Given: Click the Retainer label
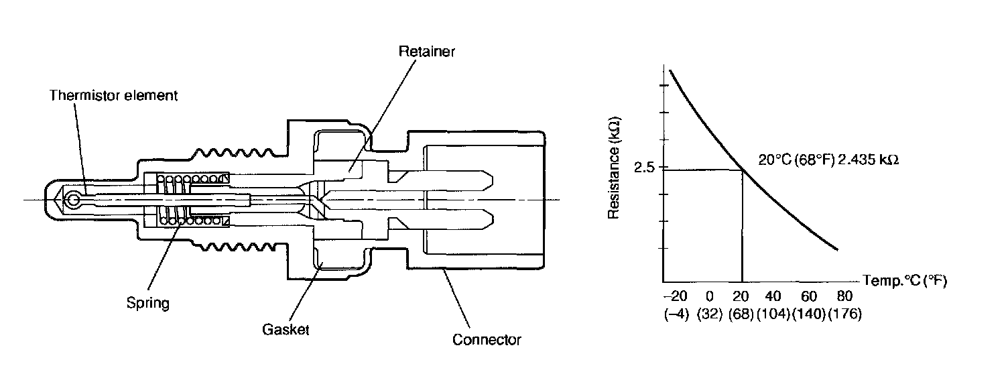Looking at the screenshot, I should point(426,52).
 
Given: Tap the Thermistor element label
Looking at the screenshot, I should point(113,95).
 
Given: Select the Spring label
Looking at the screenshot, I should point(147,303).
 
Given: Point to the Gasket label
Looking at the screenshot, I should point(286,330).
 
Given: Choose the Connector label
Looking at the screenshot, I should point(487,339).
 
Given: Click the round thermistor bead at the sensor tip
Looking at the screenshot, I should point(73,199).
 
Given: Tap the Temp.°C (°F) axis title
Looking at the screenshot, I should point(904,281).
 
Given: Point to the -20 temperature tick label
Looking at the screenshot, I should point(675,296).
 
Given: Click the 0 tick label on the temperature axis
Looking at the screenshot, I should point(709,296).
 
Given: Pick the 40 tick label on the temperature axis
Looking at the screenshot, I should point(773,296).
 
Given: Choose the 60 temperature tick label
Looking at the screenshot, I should point(809,296).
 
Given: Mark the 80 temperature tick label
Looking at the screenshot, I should point(844,296).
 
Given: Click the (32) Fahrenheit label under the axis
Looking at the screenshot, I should point(709,314).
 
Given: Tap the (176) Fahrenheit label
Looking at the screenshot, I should point(844,314).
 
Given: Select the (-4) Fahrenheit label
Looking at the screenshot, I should point(676,314).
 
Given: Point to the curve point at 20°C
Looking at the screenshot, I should point(743,170).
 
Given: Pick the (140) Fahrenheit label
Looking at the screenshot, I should point(809,314).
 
